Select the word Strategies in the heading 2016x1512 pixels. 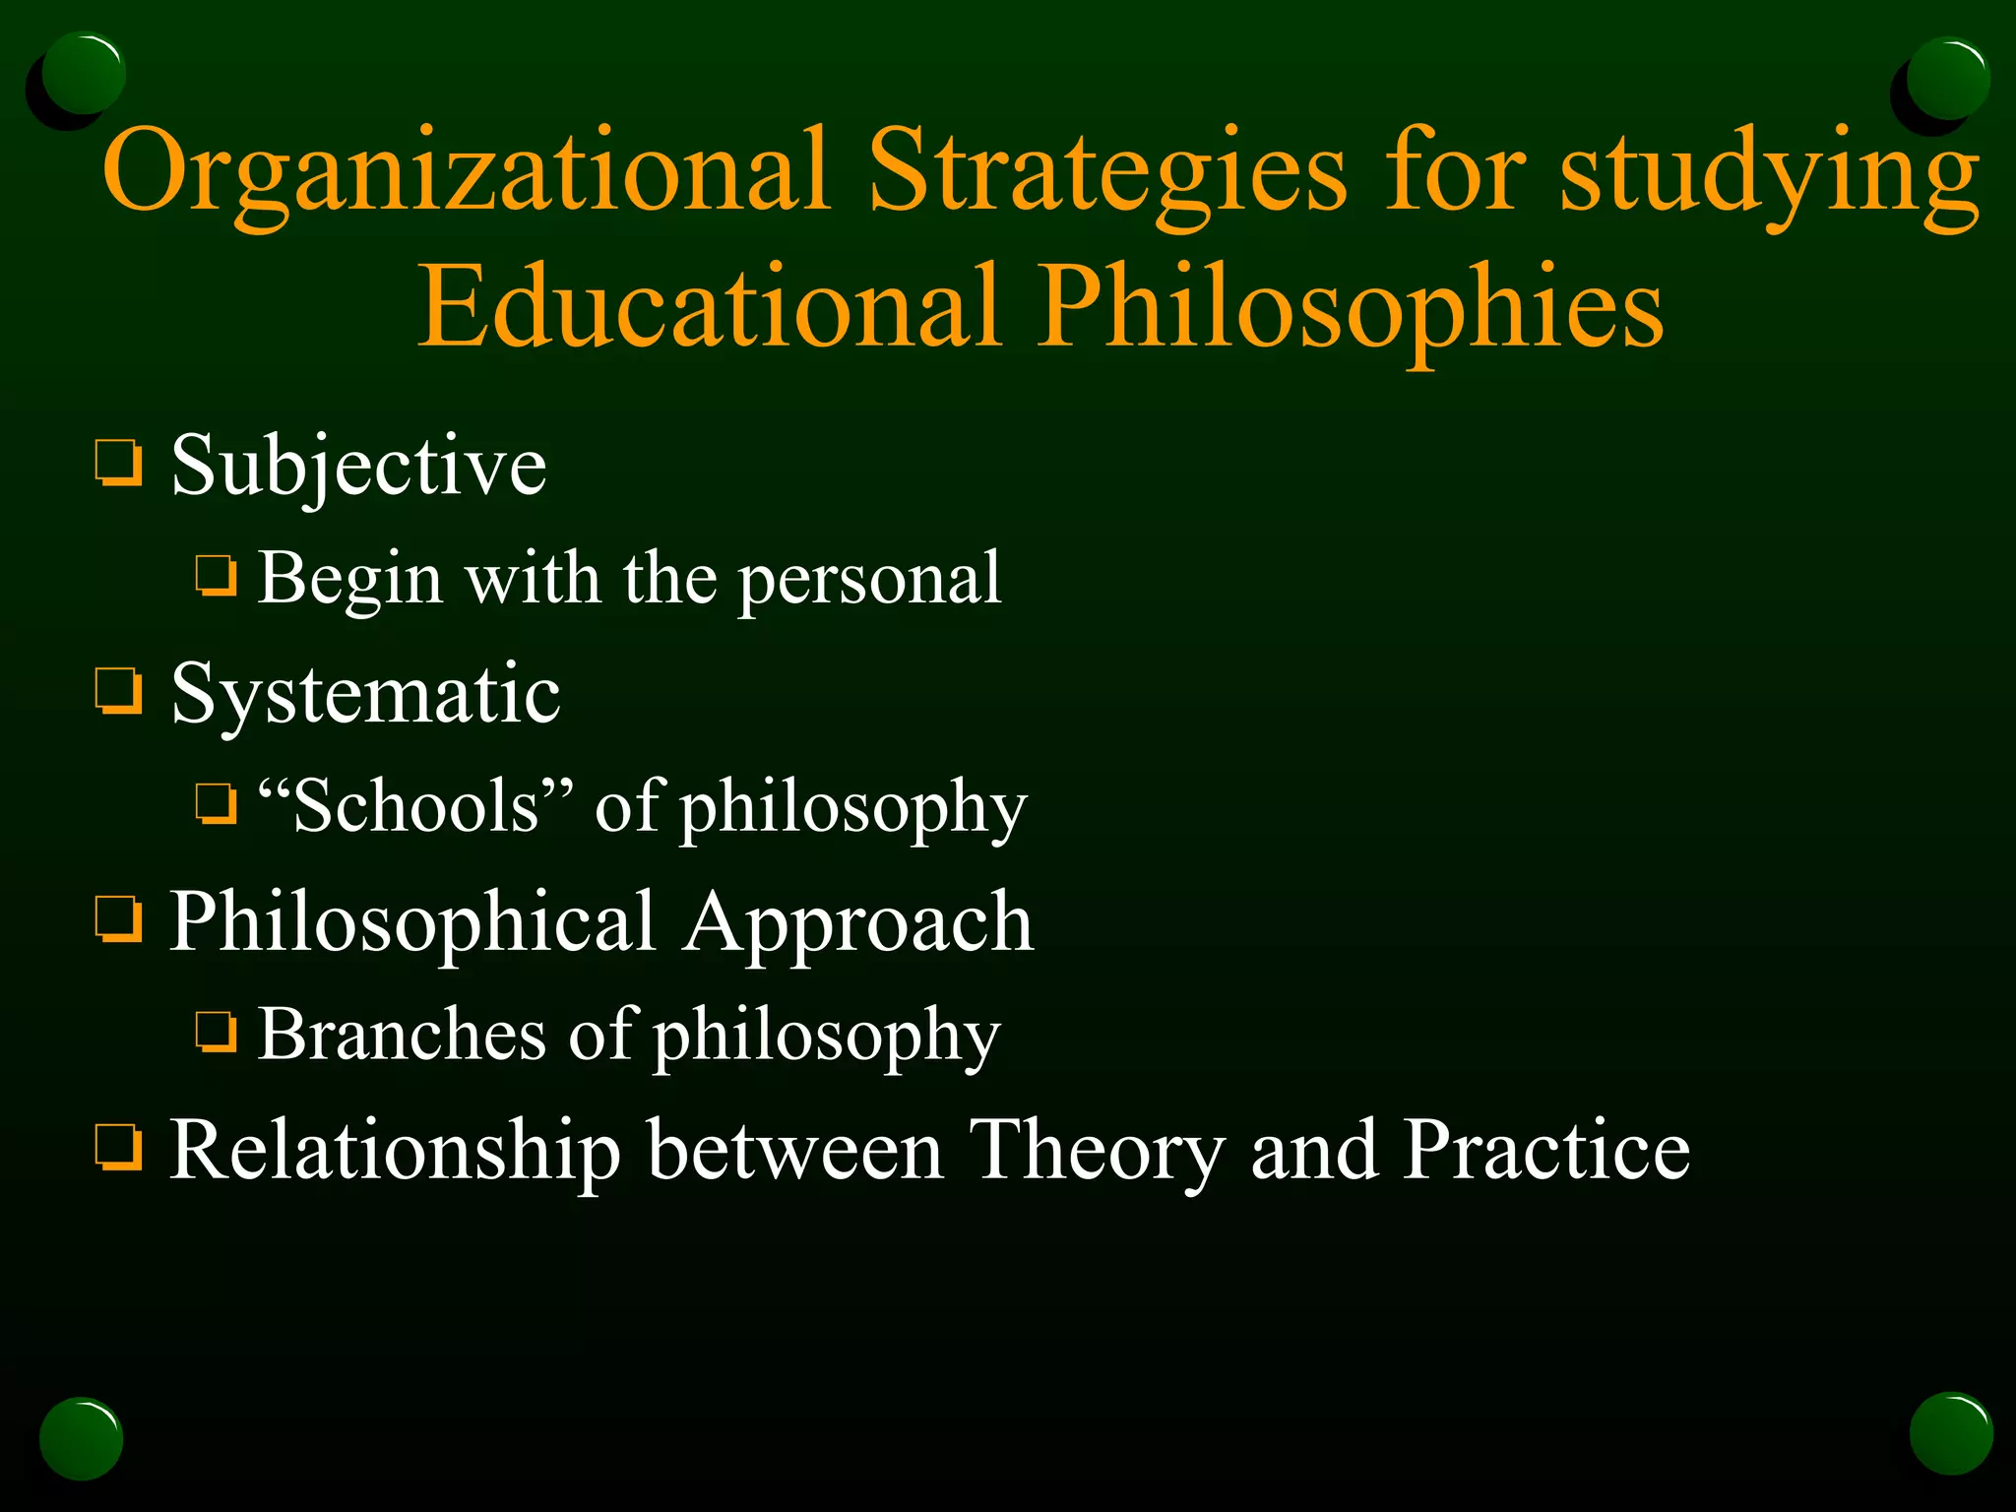1106,172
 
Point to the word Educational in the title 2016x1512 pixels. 709,308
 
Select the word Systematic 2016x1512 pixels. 365,694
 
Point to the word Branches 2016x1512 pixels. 402,1035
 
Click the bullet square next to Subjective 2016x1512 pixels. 119,464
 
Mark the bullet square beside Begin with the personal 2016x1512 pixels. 216,577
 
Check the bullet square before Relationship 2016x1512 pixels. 119,1148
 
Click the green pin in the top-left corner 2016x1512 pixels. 84,74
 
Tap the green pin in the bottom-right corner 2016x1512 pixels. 1950,1433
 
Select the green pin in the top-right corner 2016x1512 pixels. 1947,79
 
